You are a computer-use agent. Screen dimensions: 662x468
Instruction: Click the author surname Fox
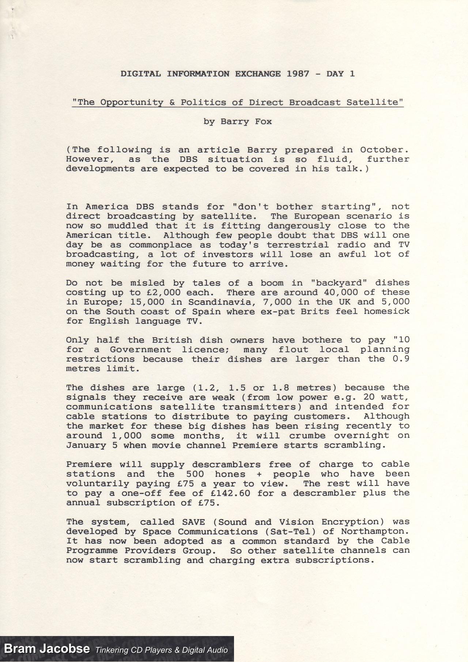pyautogui.click(x=263, y=122)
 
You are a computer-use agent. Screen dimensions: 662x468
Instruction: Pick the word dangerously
pyautogui.click(x=299, y=226)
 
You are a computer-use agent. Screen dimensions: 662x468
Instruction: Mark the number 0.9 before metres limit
pyautogui.click(x=401, y=359)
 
